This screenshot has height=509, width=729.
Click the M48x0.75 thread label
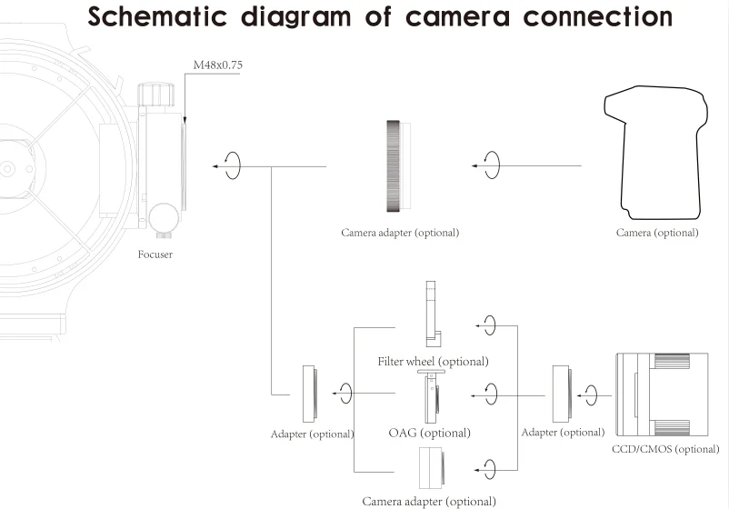click(218, 65)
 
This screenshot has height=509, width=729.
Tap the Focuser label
click(155, 254)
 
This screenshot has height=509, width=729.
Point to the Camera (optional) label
click(657, 233)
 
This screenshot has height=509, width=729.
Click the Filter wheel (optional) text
click(434, 361)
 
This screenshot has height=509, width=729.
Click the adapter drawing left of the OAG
click(310, 394)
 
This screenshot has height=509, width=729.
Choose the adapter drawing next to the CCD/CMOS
click(561, 394)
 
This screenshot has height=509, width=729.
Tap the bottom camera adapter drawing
click(432, 469)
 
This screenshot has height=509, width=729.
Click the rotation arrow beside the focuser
click(232, 166)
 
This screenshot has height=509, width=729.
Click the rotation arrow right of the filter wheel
click(490, 325)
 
